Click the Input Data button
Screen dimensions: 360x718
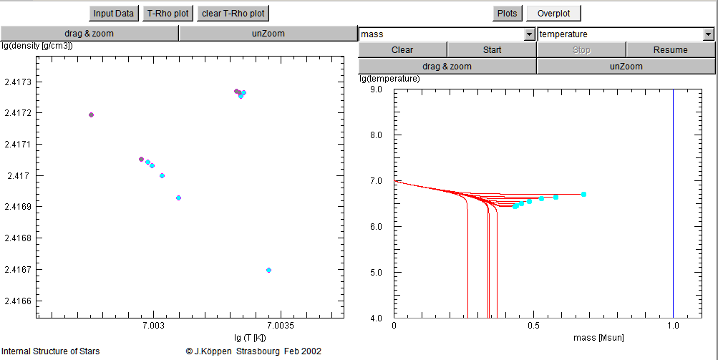click(x=114, y=14)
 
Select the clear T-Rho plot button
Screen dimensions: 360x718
click(x=233, y=14)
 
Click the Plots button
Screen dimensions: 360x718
click(x=507, y=14)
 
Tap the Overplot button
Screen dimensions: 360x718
click(x=553, y=14)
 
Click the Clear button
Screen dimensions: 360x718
click(x=402, y=50)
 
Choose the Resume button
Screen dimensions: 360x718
click(x=670, y=50)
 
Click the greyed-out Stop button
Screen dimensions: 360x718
click(x=581, y=50)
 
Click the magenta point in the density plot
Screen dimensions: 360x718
click(x=268, y=270)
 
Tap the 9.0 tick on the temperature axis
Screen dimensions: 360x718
click(x=377, y=90)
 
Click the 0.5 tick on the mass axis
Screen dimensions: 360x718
click(x=533, y=326)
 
